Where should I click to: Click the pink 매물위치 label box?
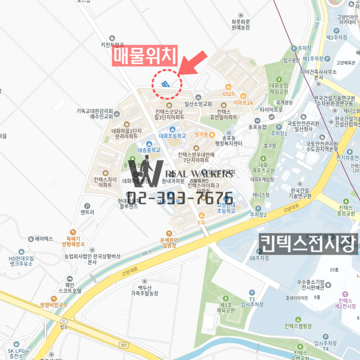point(145,56)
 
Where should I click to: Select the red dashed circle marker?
point(167,84)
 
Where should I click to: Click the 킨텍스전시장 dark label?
point(308,243)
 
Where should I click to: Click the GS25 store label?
point(228,94)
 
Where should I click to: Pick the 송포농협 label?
point(257,127)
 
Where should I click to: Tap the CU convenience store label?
point(202,222)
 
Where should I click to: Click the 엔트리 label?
point(87,212)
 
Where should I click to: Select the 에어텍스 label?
point(44,239)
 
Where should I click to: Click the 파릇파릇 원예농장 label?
point(240,24)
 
